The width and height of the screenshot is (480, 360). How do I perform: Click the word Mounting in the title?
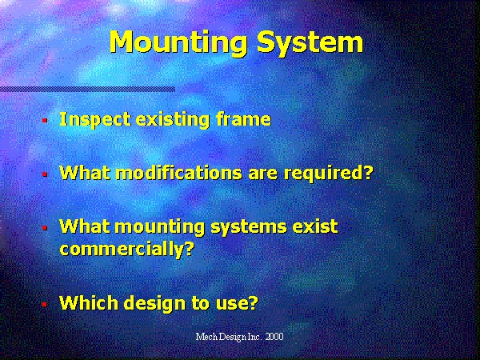(178, 43)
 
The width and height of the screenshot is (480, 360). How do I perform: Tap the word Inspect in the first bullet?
(95, 119)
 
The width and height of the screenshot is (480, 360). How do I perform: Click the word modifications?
(179, 173)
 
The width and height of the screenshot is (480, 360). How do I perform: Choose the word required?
(329, 174)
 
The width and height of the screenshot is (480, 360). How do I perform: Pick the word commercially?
(127, 249)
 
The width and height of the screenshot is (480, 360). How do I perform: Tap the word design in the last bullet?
(155, 302)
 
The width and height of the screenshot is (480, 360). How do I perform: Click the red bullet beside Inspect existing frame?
(45, 120)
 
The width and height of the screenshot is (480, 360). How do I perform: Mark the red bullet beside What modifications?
(45, 174)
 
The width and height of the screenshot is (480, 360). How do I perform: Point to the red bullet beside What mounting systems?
(45, 228)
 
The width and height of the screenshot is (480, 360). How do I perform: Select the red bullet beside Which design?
(45, 304)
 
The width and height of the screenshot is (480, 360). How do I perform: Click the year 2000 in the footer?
(274, 337)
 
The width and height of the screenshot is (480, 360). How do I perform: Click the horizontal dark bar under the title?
(87, 90)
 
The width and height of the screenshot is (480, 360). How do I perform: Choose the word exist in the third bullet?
(315, 226)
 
